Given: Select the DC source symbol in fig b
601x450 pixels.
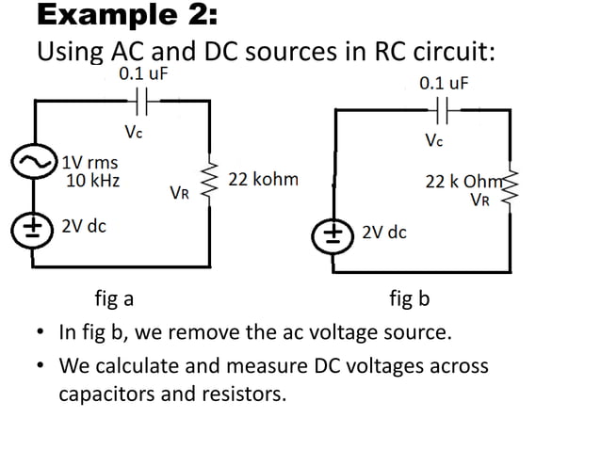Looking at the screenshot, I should (336, 232).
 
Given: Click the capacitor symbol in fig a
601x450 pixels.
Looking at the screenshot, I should (143, 97).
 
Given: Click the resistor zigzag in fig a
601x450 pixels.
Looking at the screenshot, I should (208, 178).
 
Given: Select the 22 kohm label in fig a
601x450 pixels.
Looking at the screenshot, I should (263, 179).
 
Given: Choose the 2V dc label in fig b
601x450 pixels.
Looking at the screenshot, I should (383, 232).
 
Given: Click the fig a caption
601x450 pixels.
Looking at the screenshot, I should (114, 299).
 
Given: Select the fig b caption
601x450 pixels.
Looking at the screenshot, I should (410, 299).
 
